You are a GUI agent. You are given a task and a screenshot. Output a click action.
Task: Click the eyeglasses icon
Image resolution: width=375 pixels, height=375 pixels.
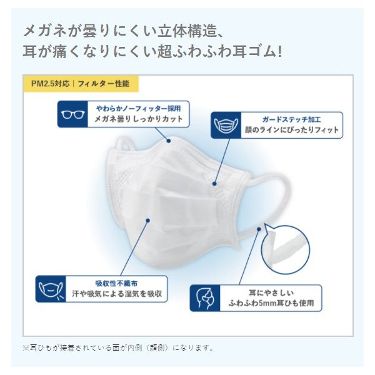(72, 114)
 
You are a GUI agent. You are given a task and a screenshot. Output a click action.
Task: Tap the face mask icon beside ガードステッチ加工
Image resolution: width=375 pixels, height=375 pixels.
(226, 125)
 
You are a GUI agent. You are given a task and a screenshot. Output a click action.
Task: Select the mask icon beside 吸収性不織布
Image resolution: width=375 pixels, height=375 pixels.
(51, 289)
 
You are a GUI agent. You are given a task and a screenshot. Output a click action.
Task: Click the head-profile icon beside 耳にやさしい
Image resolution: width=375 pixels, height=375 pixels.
(204, 298)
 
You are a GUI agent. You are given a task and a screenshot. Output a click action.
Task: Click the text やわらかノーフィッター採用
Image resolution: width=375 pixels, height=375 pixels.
(139, 109)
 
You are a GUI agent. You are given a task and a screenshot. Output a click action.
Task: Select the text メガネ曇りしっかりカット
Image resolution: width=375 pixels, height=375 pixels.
(139, 119)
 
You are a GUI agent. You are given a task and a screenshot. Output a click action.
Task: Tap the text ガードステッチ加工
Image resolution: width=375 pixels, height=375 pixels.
(291, 119)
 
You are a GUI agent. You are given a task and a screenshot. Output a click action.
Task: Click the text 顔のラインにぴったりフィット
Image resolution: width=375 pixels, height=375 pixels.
(291, 130)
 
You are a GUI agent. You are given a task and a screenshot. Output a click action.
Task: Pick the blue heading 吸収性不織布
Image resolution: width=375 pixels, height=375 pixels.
(116, 283)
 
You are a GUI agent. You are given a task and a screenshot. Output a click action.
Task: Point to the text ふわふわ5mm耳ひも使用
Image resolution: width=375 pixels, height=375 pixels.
(271, 303)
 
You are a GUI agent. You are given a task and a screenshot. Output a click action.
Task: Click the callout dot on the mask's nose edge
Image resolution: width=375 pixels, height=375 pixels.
(169, 141)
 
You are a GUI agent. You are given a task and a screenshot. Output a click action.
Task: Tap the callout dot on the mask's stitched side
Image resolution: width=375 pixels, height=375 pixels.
(214, 184)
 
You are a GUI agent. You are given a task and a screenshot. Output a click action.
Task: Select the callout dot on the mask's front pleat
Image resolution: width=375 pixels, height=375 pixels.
(147, 221)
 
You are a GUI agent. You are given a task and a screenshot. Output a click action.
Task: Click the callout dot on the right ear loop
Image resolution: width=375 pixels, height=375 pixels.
(259, 229)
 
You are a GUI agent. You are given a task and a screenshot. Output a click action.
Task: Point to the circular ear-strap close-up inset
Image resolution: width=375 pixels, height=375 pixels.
(286, 249)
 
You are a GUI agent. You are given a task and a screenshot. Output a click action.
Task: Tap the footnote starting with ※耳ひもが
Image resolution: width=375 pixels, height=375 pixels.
(118, 347)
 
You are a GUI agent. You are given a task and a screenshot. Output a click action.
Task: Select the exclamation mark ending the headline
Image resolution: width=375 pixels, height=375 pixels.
(279, 52)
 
